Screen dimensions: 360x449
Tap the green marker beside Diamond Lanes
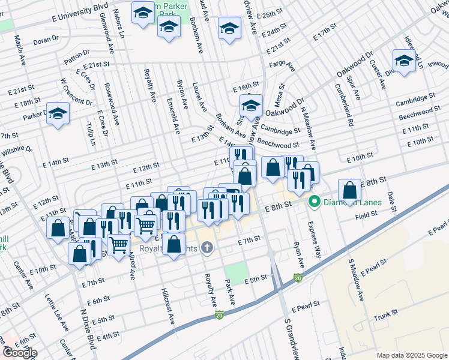313,202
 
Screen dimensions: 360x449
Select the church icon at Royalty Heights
207,247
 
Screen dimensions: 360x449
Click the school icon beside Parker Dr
58,113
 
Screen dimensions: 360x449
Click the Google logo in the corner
20,352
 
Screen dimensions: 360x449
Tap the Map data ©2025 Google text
411,355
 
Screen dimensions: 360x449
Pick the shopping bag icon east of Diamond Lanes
350,190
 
